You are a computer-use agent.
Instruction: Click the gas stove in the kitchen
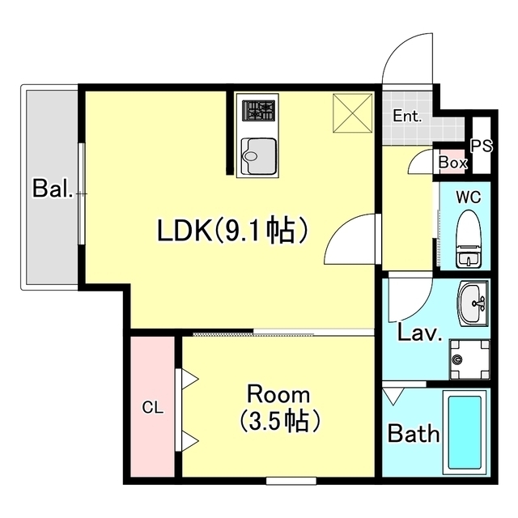click(x=259, y=111)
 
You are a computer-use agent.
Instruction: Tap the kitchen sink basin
click(x=259, y=155)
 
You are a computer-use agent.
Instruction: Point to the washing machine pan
click(x=469, y=359)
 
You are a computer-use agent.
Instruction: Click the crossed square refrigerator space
click(x=353, y=113)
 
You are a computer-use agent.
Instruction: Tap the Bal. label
click(x=52, y=189)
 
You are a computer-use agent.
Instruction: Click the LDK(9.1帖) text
click(x=232, y=230)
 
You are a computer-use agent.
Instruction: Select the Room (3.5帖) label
click(x=279, y=408)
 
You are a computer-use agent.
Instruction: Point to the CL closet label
click(x=153, y=408)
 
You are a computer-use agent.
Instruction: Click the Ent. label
click(x=407, y=117)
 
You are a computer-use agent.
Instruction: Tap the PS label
click(x=482, y=146)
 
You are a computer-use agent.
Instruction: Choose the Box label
click(x=453, y=163)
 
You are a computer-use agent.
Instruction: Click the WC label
click(x=469, y=197)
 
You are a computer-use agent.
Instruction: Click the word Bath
click(x=414, y=433)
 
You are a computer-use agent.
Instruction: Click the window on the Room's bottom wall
click(x=291, y=481)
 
